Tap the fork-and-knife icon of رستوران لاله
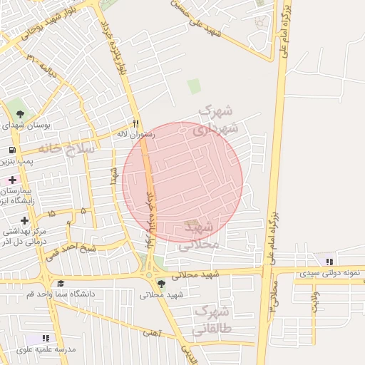tap(135, 123)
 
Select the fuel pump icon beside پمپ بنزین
tap(12, 150)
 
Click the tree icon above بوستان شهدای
tap(19, 113)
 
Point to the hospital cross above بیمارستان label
tap(12, 180)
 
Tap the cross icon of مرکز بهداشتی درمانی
tap(24, 220)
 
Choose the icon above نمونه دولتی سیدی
tap(328, 261)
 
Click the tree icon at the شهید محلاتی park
tap(161, 283)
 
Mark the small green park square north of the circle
tap(194, 86)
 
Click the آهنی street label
tap(151, 331)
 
